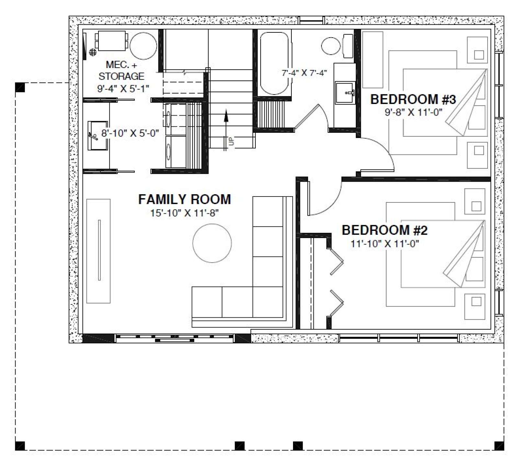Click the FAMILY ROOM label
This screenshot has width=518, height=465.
tap(185, 199)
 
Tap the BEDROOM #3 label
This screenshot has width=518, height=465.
tap(413, 99)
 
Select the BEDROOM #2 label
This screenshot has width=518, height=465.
tap(385, 230)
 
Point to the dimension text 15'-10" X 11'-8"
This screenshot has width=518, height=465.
tap(185, 213)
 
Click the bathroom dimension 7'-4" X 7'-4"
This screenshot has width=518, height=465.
tap(304, 73)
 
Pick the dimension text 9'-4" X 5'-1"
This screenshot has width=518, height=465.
tap(123, 88)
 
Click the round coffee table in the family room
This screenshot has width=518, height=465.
tap(212, 243)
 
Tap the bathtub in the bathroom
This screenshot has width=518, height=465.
tap(274, 63)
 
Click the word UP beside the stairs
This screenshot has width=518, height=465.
tap(231, 142)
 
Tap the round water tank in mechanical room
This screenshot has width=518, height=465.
tap(143, 46)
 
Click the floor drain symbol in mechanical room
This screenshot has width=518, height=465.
tap(93, 52)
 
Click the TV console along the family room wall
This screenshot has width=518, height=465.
tap(98, 251)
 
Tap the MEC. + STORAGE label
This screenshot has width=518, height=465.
tap(121, 71)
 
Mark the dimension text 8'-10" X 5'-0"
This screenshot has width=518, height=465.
tap(130, 133)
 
